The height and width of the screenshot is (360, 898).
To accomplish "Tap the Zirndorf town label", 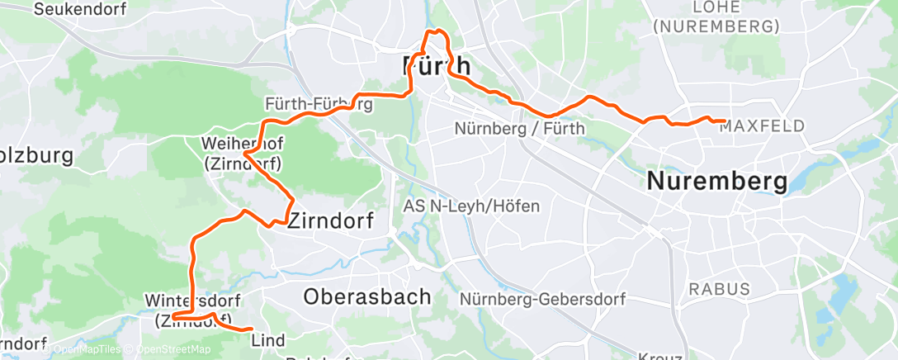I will [x=330, y=220].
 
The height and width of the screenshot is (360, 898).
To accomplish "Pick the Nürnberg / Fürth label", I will [x=519, y=129].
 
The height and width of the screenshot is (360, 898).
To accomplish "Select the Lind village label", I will [x=267, y=340].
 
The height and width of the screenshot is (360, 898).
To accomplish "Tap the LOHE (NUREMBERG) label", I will [x=716, y=17].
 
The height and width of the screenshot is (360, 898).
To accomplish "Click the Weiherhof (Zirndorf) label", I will [x=243, y=154].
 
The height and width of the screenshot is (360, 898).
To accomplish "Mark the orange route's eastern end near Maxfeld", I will [x=724, y=121].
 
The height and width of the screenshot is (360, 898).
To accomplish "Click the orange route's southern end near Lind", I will [x=251, y=329].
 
